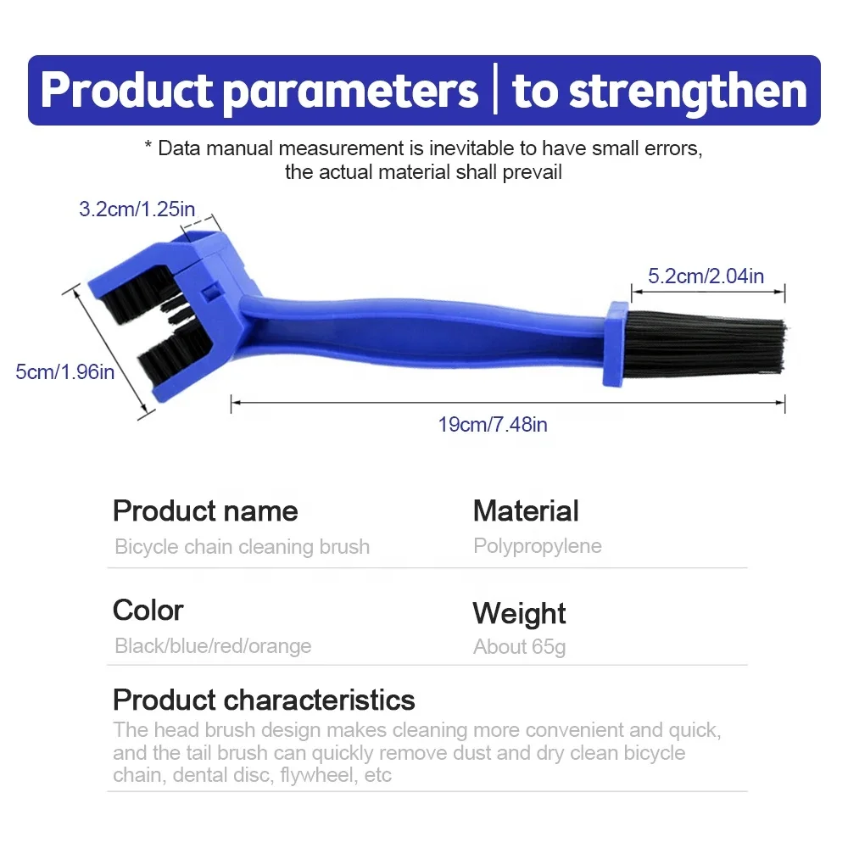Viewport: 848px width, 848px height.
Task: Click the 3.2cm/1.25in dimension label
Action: (x=137, y=209)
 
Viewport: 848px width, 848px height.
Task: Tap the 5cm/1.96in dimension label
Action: (x=65, y=371)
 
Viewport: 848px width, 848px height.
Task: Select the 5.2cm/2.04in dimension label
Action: (x=706, y=276)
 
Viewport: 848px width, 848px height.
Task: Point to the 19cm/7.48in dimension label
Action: (x=493, y=425)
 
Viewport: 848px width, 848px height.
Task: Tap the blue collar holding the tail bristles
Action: (x=616, y=343)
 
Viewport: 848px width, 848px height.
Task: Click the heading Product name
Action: (x=205, y=510)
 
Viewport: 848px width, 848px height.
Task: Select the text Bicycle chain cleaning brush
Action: (x=243, y=546)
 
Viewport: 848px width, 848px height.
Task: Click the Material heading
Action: (x=526, y=510)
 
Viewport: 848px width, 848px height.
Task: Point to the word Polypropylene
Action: (x=538, y=546)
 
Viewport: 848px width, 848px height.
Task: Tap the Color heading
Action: (x=148, y=610)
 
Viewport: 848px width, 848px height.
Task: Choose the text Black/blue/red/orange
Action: (x=213, y=645)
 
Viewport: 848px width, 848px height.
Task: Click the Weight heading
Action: (x=519, y=614)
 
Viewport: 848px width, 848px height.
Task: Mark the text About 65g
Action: (x=520, y=647)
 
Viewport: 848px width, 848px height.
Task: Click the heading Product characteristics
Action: (x=264, y=700)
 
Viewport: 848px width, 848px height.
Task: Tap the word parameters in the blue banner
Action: (x=350, y=92)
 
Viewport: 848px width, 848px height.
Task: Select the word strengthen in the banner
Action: (x=689, y=92)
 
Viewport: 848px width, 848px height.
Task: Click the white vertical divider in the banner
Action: (x=495, y=89)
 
